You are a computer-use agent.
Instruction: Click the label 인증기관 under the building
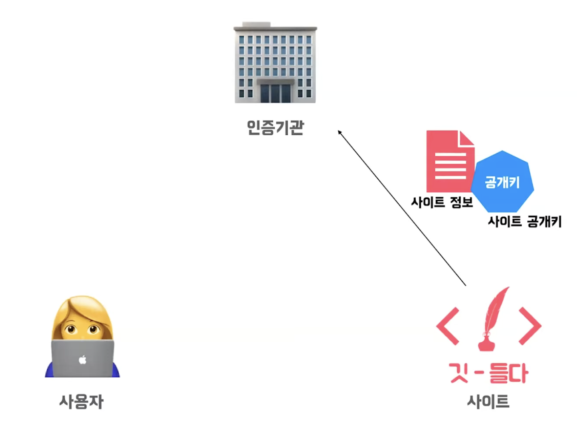pos(275,127)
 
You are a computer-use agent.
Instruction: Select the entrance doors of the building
pos(275,93)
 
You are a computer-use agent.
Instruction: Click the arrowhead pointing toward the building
pos(340,133)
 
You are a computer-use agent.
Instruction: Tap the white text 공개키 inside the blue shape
pos(502,182)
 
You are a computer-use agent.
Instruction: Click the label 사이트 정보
pos(442,202)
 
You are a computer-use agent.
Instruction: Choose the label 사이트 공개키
pos(524,222)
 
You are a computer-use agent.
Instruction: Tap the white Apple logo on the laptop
pos(83,360)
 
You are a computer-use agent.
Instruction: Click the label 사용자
pos(81,401)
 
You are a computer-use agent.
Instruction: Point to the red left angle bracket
pos(448,326)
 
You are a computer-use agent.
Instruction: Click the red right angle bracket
pos(530,326)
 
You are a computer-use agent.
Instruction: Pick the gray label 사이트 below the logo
pos(488,401)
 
